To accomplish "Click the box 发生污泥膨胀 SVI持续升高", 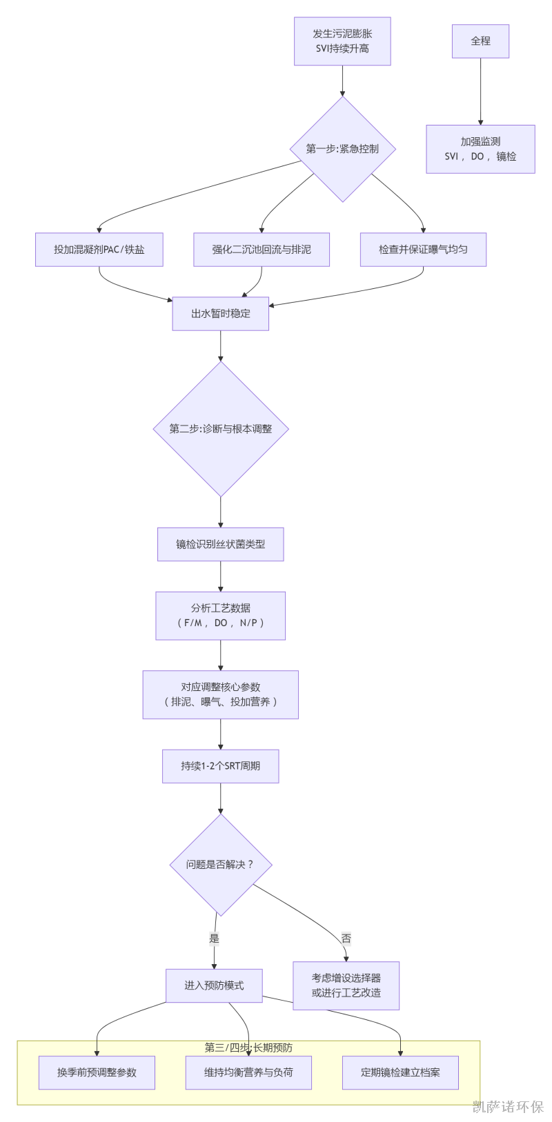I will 342,41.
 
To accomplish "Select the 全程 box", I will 480,41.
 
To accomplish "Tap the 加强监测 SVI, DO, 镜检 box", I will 480,149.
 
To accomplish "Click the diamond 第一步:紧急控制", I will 342,149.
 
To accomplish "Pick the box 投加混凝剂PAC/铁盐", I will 99,250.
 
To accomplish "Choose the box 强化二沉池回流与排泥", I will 262,250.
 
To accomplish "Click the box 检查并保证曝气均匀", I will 423,250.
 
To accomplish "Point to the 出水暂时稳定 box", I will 221,314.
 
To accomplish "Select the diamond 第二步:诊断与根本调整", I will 221,429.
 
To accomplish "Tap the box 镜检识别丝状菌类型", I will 221,544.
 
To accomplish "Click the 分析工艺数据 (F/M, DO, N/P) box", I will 221,616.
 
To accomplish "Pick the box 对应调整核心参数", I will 221,694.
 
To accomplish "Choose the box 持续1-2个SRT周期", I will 221,766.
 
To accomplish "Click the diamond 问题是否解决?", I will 221,865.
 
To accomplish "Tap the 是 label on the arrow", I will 215,939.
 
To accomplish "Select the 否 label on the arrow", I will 346,939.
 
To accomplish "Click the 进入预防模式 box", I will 214,985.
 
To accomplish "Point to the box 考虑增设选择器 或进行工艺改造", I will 346,985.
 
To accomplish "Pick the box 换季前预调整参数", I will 97,1072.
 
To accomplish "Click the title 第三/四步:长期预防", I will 248,1048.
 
